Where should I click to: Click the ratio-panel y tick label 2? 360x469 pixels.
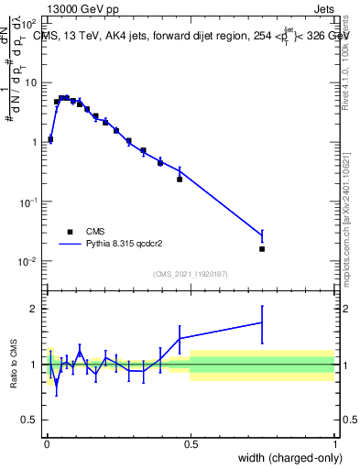tap(35, 309)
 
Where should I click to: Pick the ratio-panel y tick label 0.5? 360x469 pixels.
tap(31, 420)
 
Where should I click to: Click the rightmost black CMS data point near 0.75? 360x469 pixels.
tap(262, 249)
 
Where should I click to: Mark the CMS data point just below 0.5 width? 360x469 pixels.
tap(180, 180)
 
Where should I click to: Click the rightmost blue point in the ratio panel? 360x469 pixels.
tap(262, 322)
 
